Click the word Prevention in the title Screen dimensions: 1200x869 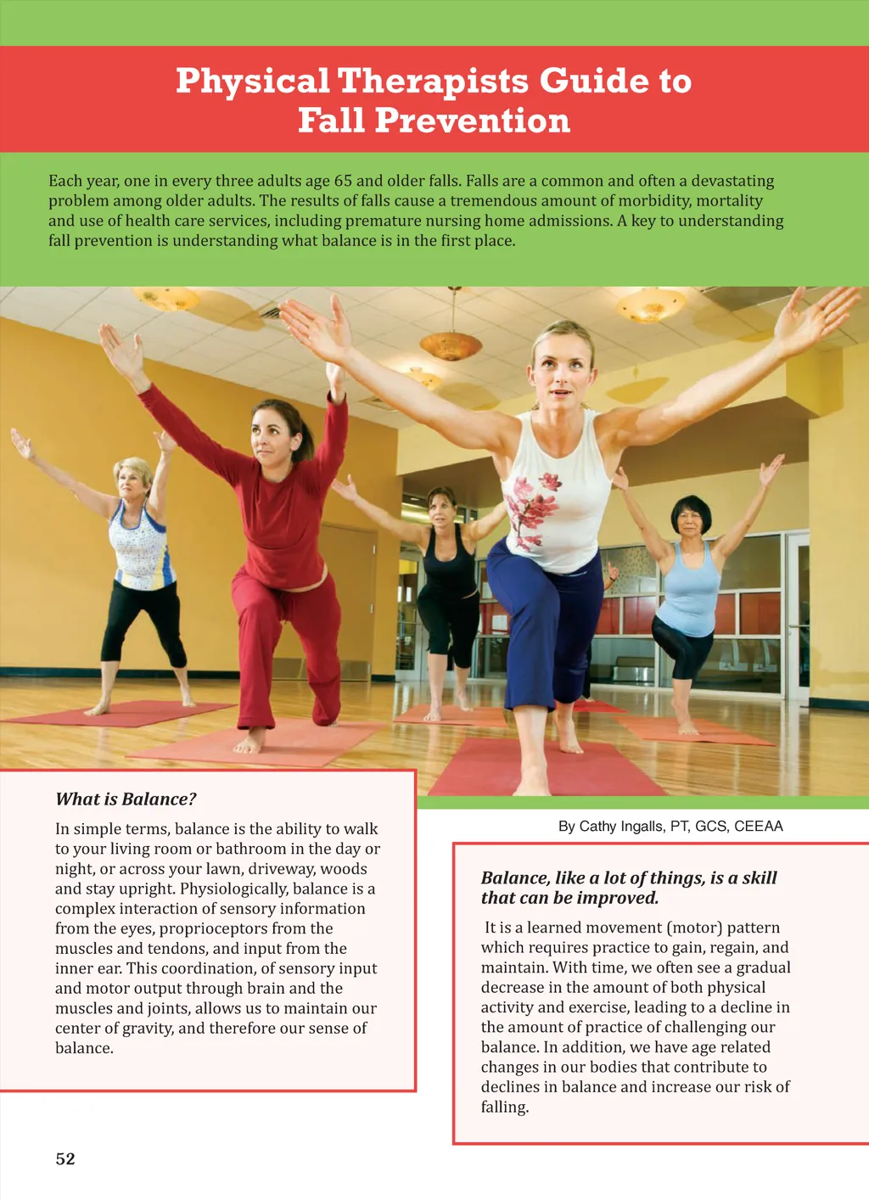[472, 121]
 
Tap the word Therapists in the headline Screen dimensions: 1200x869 [433, 81]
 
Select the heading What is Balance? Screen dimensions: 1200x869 [126, 799]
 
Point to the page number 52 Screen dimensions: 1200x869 [65, 1158]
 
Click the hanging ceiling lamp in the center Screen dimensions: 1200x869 [451, 345]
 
